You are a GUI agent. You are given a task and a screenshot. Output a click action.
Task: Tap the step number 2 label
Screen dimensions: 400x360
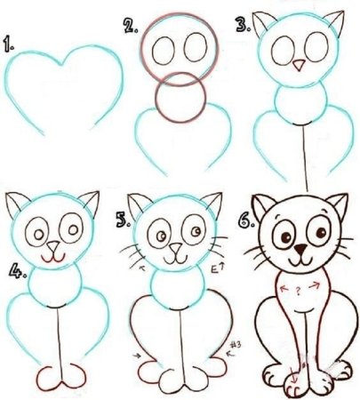coord(131,28)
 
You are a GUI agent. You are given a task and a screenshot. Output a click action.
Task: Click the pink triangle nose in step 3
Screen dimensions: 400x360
coord(299,66)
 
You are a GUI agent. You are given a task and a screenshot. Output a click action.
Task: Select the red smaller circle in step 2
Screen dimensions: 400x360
coord(180,98)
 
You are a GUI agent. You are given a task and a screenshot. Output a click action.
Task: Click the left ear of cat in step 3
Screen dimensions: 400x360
coord(263,23)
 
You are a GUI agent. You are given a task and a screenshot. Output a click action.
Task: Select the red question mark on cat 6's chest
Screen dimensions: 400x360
coord(300,289)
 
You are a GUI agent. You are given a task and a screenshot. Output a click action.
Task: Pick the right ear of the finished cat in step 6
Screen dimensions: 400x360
coord(336,204)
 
